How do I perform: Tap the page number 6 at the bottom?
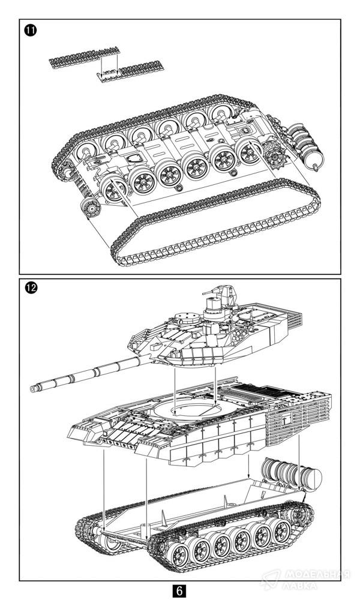point(179,590)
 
